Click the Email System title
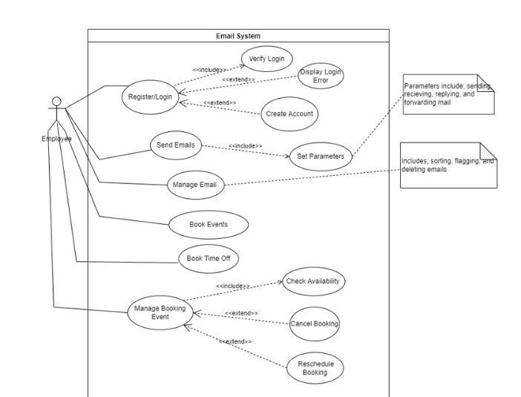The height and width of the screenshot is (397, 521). pyautogui.click(x=238, y=35)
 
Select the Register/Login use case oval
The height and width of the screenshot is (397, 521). pyautogui.click(x=149, y=96)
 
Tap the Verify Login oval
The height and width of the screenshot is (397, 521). pyautogui.click(x=268, y=59)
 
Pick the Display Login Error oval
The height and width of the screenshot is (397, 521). pyautogui.click(x=321, y=76)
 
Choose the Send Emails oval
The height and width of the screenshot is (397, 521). pyautogui.click(x=176, y=145)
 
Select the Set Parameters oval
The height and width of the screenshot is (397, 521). pyautogui.click(x=320, y=157)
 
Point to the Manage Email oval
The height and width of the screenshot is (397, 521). pyautogui.click(x=194, y=184)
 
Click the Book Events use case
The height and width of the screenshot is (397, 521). pyautogui.click(x=208, y=223)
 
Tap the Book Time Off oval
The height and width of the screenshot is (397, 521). pyautogui.click(x=208, y=258)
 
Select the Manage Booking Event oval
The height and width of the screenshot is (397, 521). pyautogui.click(x=155, y=312)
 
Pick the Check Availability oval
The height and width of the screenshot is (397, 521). pyautogui.click(x=315, y=281)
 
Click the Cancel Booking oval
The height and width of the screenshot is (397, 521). pyautogui.click(x=315, y=324)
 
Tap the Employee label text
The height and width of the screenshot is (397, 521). pyautogui.click(x=57, y=139)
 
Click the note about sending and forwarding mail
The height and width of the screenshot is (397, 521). pyautogui.click(x=448, y=94)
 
